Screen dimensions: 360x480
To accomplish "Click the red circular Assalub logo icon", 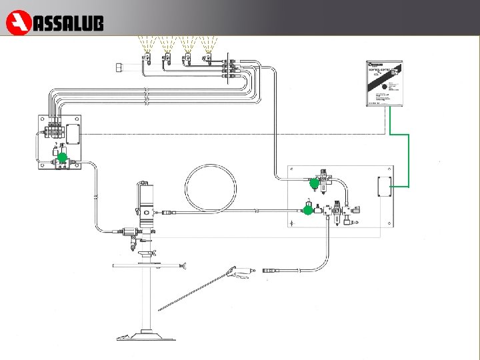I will (17, 23).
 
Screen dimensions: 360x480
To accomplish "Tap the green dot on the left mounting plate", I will (62, 157).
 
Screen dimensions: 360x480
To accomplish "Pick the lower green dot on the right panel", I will (307, 210).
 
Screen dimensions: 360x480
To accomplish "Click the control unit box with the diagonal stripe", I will (385, 83).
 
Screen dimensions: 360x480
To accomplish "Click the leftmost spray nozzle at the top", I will (146, 59).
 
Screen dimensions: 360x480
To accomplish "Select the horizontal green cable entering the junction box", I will (400, 187).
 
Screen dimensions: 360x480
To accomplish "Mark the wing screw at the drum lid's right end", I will (183, 267).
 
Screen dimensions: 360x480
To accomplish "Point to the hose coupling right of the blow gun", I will (271, 271).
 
